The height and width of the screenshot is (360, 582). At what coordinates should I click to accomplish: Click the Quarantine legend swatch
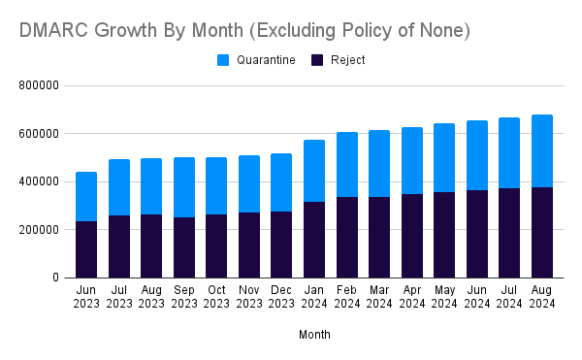[223, 60]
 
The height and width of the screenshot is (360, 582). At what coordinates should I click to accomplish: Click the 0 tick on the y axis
[55, 278]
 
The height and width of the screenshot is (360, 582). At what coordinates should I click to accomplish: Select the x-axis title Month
[313, 335]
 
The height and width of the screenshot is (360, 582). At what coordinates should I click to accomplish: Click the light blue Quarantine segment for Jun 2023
[86, 196]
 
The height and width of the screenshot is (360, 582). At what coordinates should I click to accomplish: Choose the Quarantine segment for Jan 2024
[314, 171]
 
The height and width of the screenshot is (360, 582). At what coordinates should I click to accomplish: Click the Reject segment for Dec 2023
[282, 245]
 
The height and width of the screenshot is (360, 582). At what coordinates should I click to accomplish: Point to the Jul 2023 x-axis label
[119, 296]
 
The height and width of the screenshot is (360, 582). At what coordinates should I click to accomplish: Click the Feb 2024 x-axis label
[347, 296]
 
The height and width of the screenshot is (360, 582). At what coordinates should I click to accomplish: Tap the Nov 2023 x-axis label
[249, 296]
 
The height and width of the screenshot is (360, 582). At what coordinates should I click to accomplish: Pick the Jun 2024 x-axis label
[477, 296]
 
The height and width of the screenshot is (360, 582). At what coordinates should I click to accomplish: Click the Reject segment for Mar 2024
[379, 237]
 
